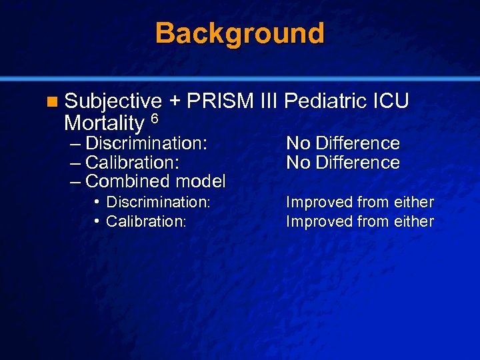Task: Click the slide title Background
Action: click(x=240, y=33)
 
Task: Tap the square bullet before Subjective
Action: click(x=53, y=102)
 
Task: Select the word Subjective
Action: click(x=113, y=101)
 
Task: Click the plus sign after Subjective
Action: click(x=175, y=101)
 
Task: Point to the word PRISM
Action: click(x=220, y=101)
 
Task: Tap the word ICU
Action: click(x=390, y=101)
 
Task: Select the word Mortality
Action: click(x=104, y=123)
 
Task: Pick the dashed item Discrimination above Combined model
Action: click(x=146, y=143)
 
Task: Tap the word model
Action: click(x=200, y=181)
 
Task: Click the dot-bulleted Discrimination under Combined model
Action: click(x=158, y=202)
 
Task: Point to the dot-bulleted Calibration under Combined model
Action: click(x=145, y=221)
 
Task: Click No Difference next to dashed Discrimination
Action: click(x=343, y=143)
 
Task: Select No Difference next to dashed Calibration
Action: click(x=343, y=163)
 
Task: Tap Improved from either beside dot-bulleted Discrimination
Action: click(x=360, y=202)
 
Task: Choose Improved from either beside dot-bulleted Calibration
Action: click(x=360, y=221)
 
